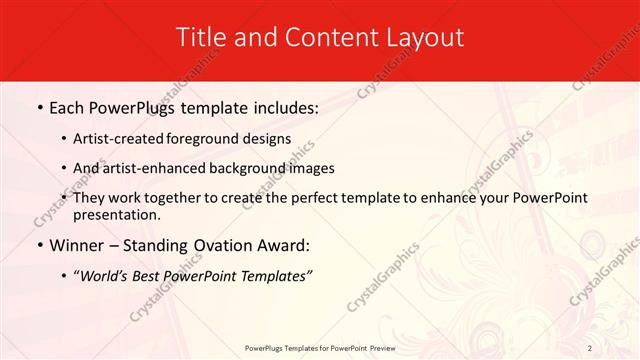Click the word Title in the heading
click(x=199, y=37)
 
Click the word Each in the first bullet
click(x=69, y=107)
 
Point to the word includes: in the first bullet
click(x=283, y=107)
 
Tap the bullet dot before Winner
click(x=39, y=246)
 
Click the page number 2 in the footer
click(x=590, y=348)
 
